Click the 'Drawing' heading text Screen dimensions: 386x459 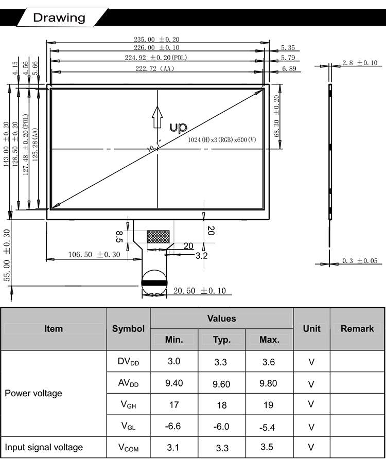tap(59, 17)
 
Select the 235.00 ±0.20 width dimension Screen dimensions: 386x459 tap(156, 39)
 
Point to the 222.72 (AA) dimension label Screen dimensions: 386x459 tap(154, 68)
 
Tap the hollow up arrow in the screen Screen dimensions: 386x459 tap(157, 117)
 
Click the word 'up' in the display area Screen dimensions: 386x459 tap(178, 128)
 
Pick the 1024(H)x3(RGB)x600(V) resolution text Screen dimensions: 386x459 tap(222, 139)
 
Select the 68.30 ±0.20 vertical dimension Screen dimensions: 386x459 tap(276, 116)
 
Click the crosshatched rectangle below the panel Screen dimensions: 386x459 tap(158, 237)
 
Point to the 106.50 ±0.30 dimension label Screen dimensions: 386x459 tap(94, 255)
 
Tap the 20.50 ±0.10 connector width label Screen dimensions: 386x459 tap(200, 291)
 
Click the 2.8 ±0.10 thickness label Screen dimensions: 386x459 tap(360, 63)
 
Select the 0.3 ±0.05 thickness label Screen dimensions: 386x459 tap(360, 260)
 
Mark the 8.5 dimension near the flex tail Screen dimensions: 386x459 tap(119, 237)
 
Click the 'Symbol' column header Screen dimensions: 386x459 tap(128, 329)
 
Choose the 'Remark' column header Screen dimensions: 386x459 tap(357, 329)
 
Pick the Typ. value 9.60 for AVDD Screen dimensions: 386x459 tap(221, 384)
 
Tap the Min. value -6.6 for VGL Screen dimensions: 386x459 tap(173, 426)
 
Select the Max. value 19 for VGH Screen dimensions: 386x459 tap(268, 405)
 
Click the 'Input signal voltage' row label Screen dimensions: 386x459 tap(44, 447)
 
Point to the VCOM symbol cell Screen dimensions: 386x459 tap(129, 448)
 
